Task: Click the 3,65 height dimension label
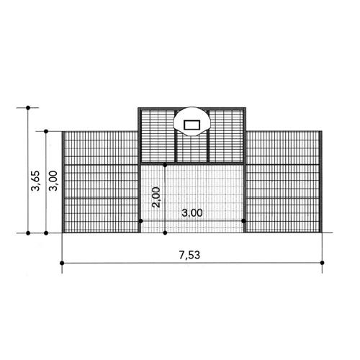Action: click(35, 180)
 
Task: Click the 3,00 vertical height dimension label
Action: click(53, 181)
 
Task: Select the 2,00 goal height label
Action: click(156, 197)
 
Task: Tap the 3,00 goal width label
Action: click(192, 212)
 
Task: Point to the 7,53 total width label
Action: click(189, 255)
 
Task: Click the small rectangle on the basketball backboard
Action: click(192, 125)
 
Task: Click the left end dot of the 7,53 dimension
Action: click(62, 263)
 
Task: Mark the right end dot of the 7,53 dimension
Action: click(322, 263)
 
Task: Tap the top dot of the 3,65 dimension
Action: click(28, 108)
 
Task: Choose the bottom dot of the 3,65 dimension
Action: click(28, 233)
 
